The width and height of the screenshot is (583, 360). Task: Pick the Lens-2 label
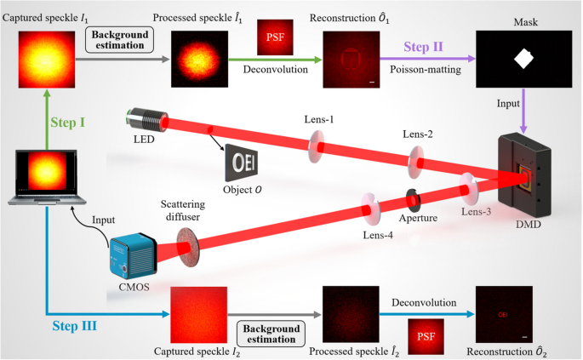pos(419,134)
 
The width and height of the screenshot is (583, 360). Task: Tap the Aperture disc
pos(414,199)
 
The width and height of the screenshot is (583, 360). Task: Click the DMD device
pos(529,174)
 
